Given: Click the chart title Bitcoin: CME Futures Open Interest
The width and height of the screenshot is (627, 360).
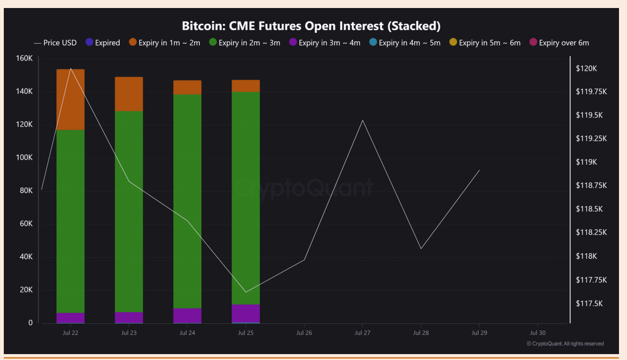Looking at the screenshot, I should pos(311,26).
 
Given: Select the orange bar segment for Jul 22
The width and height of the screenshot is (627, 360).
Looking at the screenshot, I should pos(70,99).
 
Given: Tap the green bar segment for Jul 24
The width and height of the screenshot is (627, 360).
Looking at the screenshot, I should pos(187,201).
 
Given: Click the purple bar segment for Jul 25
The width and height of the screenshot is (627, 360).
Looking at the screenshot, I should pos(246,313).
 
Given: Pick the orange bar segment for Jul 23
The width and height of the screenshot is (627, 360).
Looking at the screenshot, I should pos(129,94).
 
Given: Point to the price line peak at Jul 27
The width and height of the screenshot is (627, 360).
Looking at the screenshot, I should pos(362,121).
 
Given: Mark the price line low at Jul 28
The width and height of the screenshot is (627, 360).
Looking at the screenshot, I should pos(421,248).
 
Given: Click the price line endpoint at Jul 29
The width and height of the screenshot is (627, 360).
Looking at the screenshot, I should pos(480,170).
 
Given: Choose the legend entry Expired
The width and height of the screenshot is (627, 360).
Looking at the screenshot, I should pos(103,43).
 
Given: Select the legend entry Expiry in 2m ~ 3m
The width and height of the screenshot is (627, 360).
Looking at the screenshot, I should pos(244,43).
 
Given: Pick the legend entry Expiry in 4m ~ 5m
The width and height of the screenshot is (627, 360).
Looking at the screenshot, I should pos(405,43).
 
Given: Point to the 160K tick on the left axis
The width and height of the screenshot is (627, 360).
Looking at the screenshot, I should pos(24,58).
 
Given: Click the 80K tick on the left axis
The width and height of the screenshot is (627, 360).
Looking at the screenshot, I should pos(26,191).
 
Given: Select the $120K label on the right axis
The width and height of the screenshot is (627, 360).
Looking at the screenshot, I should pos(586,68).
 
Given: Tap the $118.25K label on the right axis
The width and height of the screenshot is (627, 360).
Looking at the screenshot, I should pos(591,232).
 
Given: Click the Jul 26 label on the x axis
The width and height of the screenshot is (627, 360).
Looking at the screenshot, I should pos(304,333).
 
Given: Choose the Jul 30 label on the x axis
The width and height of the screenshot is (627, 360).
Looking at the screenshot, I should pos(538,333).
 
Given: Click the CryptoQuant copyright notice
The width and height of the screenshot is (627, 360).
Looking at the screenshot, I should pos(565,344).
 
